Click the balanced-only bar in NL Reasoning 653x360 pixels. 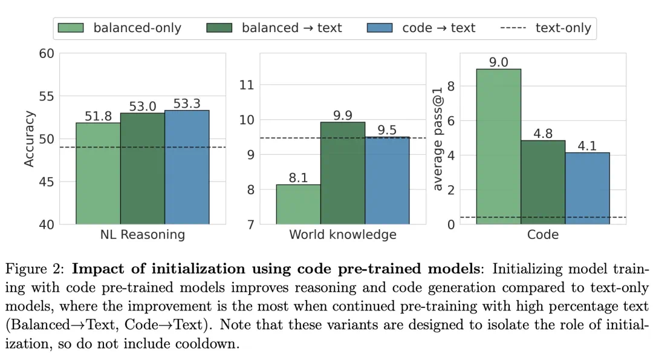click(x=98, y=174)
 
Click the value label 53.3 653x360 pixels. click(x=187, y=103)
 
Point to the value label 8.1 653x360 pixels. click(x=298, y=178)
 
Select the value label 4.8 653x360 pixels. click(x=543, y=134)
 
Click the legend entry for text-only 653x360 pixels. click(x=563, y=28)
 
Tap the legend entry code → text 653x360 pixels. click(x=438, y=28)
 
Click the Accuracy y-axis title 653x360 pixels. click(x=29, y=139)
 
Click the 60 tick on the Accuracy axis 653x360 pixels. click(x=47, y=54)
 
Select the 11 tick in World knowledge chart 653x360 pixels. click(x=247, y=85)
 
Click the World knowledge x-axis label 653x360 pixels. click(x=343, y=235)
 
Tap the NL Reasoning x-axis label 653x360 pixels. click(x=143, y=235)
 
